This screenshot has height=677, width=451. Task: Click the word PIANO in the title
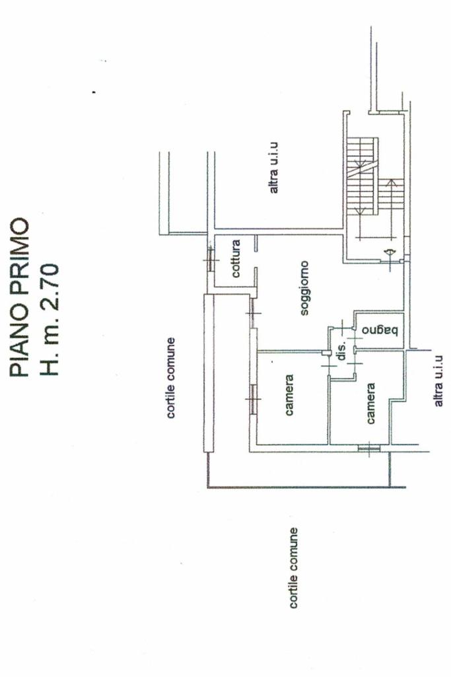point(20,343)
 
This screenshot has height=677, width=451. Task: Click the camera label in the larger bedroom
point(289,396)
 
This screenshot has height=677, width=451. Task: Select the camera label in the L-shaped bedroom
point(370,404)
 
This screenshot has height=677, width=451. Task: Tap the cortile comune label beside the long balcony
point(170,377)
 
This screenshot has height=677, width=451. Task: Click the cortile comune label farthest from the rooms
point(293,568)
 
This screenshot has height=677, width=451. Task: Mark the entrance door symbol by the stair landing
point(389,252)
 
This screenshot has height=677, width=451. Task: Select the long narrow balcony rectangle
point(209,373)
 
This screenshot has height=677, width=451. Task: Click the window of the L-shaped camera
point(368,449)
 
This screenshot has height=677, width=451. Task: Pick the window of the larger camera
point(252,398)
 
